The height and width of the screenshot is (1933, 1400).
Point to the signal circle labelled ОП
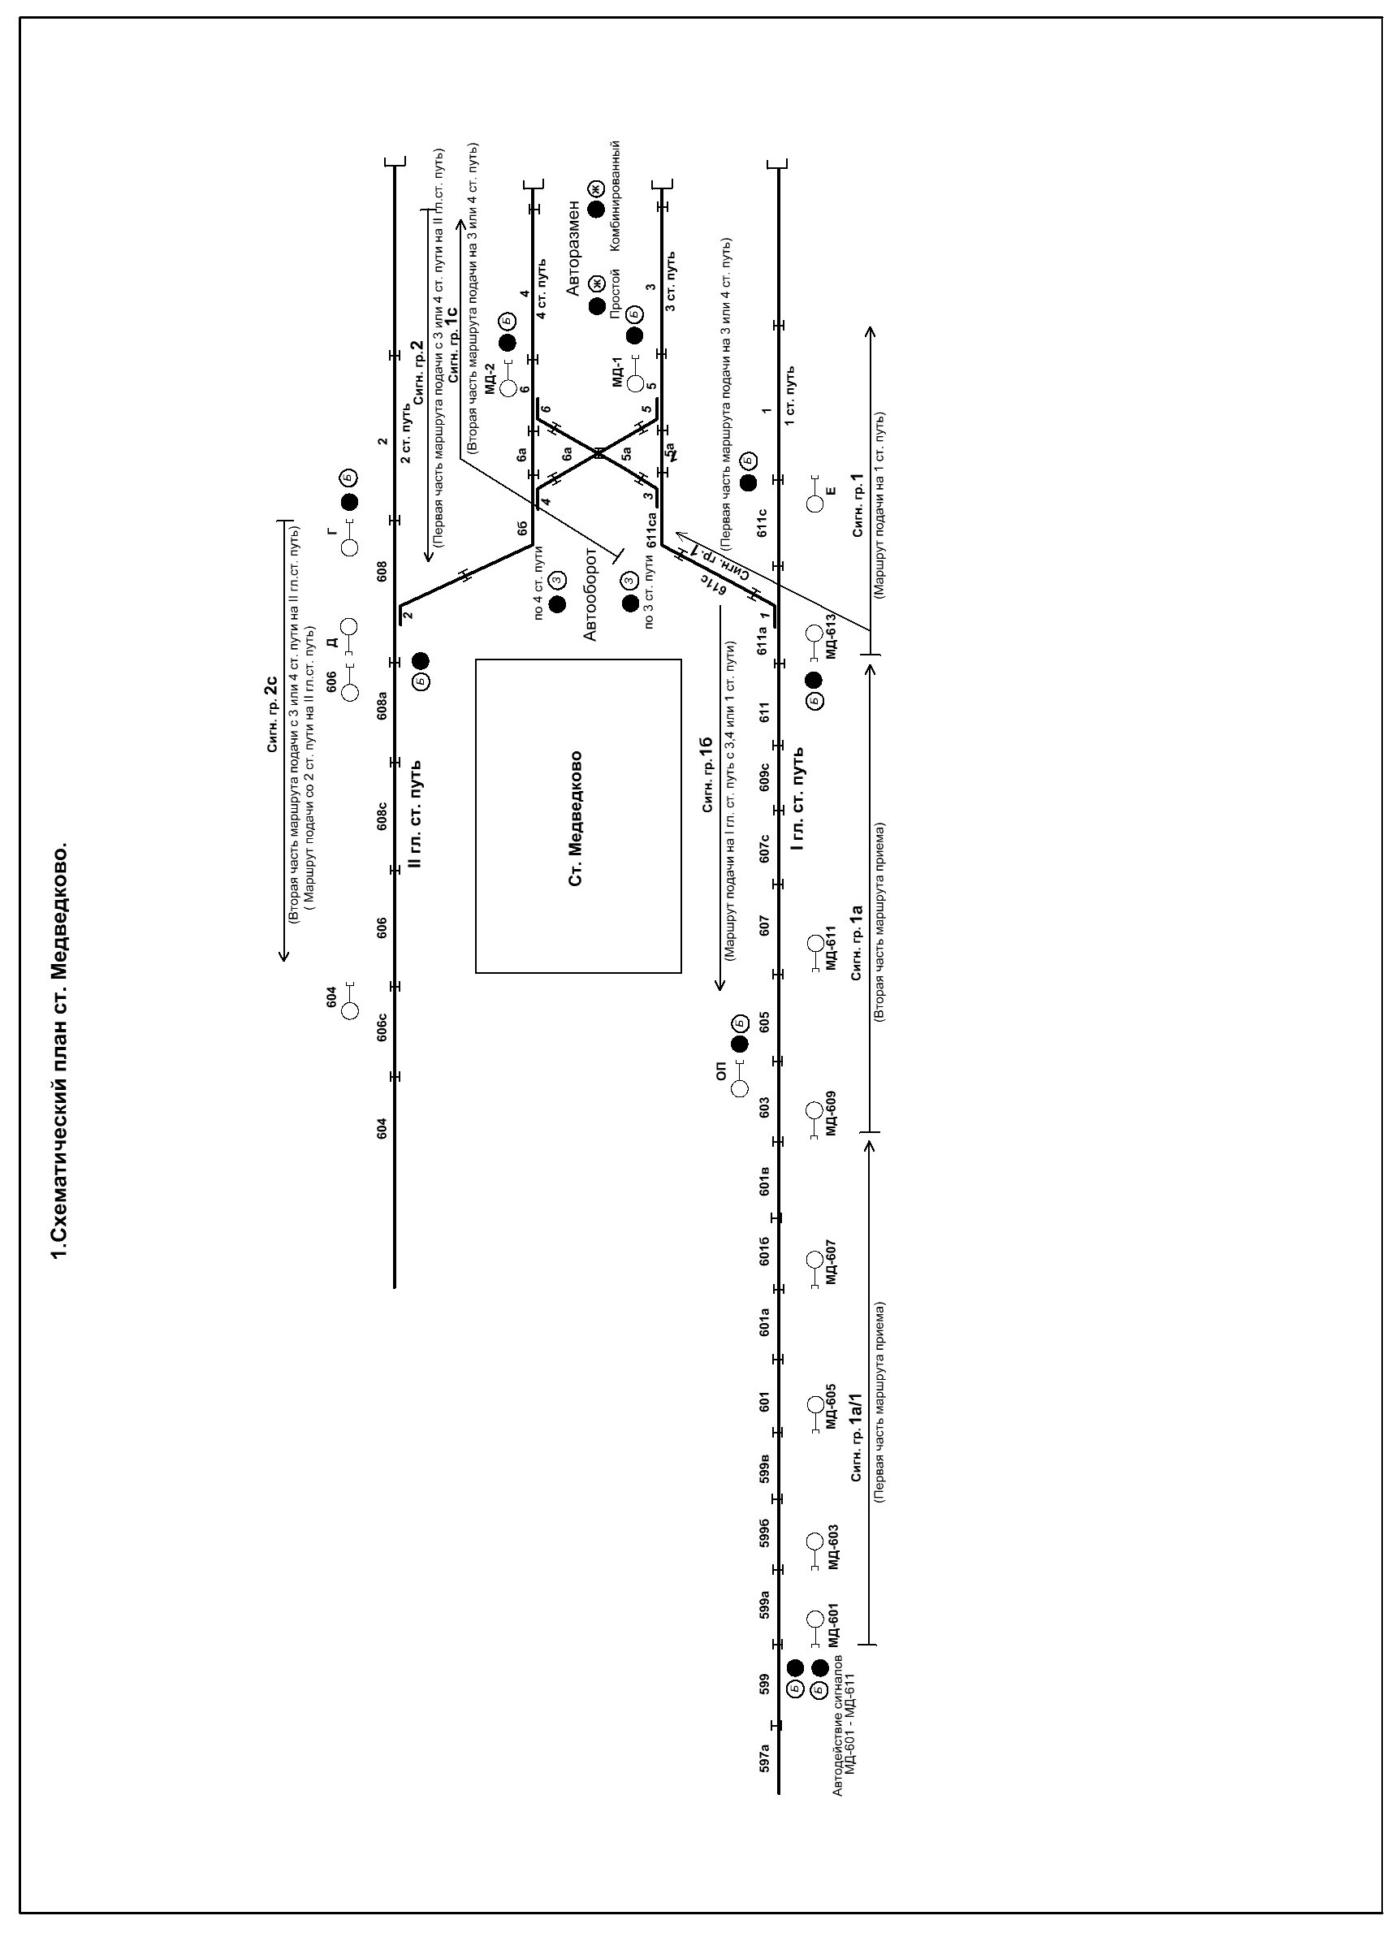(x=740, y=1088)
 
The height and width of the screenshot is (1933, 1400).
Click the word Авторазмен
(x=574, y=249)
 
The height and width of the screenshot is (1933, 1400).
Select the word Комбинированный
(x=616, y=195)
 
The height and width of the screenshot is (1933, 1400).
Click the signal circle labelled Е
(x=815, y=504)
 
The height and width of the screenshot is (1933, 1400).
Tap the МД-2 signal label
(x=490, y=378)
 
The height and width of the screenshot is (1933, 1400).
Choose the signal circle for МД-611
(x=815, y=943)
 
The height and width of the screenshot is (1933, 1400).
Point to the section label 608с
(x=382, y=818)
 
